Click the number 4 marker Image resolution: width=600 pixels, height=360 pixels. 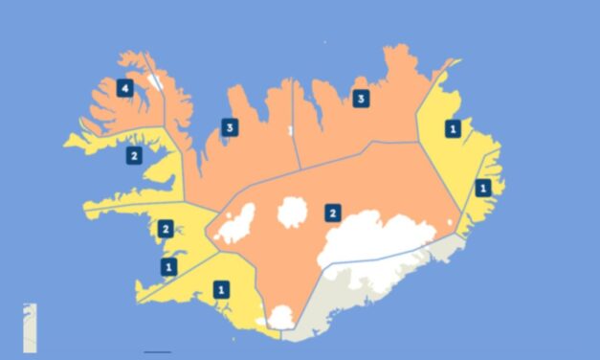pyautogui.click(x=123, y=88)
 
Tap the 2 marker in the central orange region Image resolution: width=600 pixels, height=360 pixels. pyautogui.click(x=332, y=212)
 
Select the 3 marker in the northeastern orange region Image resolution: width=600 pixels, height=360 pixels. pyautogui.click(x=360, y=98)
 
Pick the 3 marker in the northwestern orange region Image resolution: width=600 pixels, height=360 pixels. pyautogui.click(x=229, y=126)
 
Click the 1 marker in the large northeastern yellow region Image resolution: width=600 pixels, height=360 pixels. pyautogui.click(x=453, y=126)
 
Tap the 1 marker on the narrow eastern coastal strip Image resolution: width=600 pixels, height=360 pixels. pyautogui.click(x=483, y=188)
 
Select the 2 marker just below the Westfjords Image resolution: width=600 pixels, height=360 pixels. pyautogui.click(x=134, y=155)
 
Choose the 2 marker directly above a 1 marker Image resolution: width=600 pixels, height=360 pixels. pyautogui.click(x=166, y=229)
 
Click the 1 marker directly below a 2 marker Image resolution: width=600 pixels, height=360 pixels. pyautogui.click(x=168, y=265)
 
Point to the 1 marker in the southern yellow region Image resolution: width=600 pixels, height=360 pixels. pyautogui.click(x=222, y=287)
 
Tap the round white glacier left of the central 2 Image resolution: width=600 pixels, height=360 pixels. pyautogui.click(x=292, y=213)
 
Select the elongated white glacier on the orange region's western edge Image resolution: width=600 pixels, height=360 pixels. pyautogui.click(x=235, y=223)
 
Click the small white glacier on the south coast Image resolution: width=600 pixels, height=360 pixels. pyautogui.click(x=280, y=316)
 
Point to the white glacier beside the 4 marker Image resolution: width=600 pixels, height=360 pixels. pyautogui.click(x=153, y=81)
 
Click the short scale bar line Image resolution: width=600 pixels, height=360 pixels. pyautogui.click(x=156, y=352)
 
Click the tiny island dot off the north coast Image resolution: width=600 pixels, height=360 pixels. pyautogui.click(x=324, y=42)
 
